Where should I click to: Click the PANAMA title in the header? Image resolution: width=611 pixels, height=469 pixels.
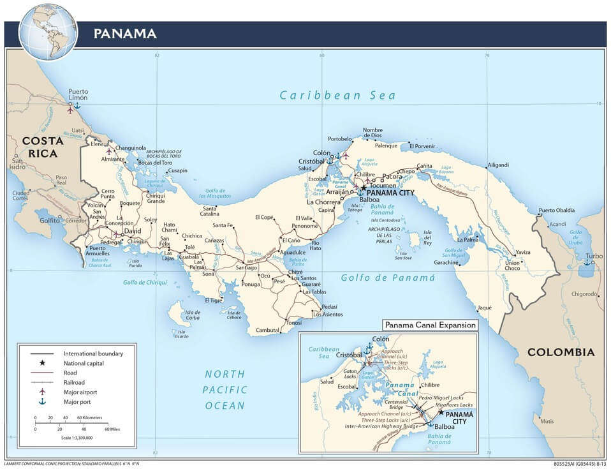pyautogui.click(x=125, y=33)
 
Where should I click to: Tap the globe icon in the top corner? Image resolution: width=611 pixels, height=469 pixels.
pyautogui.click(x=48, y=30)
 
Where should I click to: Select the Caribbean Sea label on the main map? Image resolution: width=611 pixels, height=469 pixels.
pyautogui.click(x=337, y=95)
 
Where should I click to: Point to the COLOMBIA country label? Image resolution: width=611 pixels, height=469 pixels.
pyautogui.click(x=561, y=352)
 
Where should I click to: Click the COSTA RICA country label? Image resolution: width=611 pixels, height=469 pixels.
pyautogui.click(x=40, y=147)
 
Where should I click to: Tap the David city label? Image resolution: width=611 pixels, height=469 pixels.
pyautogui.click(x=132, y=231)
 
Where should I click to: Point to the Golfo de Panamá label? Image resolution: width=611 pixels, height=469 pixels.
pyautogui.click(x=387, y=278)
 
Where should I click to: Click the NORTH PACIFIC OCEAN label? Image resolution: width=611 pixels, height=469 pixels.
pyautogui.click(x=224, y=390)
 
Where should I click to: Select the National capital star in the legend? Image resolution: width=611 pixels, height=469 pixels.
pyautogui.click(x=43, y=362)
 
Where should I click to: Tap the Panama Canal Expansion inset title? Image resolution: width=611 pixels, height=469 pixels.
pyautogui.click(x=430, y=325)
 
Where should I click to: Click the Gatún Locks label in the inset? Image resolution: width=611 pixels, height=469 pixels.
pyautogui.click(x=351, y=373)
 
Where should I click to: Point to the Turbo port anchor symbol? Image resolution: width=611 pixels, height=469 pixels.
pyautogui.click(x=586, y=262)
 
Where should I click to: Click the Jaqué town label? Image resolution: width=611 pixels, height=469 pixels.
pyautogui.click(x=484, y=307)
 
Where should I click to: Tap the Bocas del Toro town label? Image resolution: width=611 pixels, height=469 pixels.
pyautogui.click(x=155, y=162)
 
